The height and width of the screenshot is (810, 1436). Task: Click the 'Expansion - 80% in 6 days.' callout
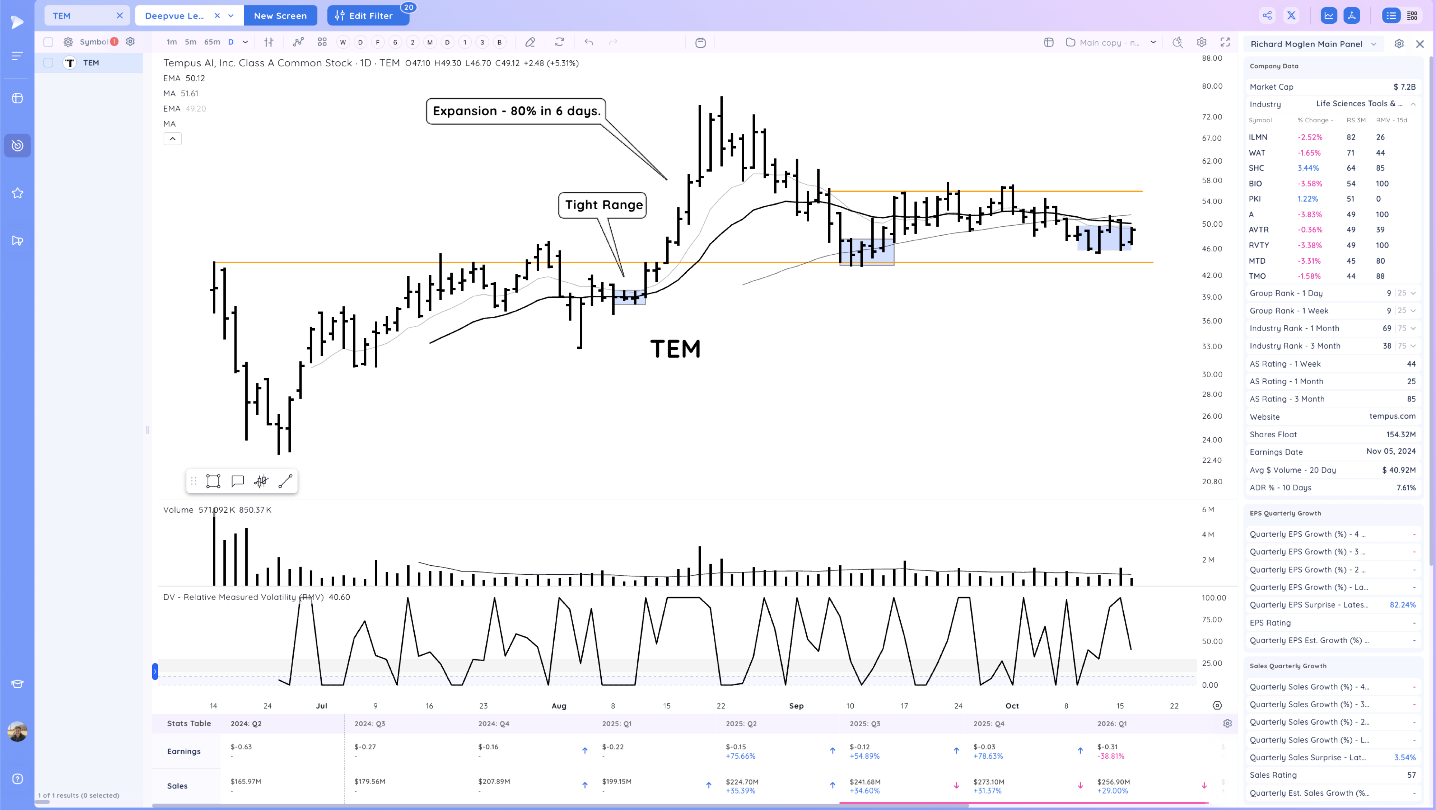pyautogui.click(x=516, y=111)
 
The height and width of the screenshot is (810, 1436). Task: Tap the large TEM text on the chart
pyautogui.click(x=675, y=349)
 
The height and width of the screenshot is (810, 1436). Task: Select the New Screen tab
pyautogui.click(x=280, y=15)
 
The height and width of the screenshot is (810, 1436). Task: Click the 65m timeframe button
pyautogui.click(x=212, y=42)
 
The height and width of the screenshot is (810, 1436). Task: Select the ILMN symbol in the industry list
pyautogui.click(x=1258, y=137)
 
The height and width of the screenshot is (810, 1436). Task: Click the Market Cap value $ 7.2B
pyautogui.click(x=1404, y=87)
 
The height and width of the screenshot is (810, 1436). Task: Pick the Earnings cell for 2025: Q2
pyautogui.click(x=740, y=751)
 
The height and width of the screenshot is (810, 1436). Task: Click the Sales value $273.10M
pyautogui.click(x=988, y=782)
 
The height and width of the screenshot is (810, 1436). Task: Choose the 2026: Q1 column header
pyautogui.click(x=1111, y=723)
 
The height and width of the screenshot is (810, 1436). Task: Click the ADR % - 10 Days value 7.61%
pyautogui.click(x=1405, y=488)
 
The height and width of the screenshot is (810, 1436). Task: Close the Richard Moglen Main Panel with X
pyautogui.click(x=1419, y=44)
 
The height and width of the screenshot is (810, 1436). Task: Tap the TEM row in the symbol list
pyautogui.click(x=91, y=63)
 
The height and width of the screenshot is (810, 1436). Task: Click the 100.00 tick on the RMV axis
pyautogui.click(x=1213, y=598)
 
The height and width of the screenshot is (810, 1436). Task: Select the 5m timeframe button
pyautogui.click(x=191, y=42)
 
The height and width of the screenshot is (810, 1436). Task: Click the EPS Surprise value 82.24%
pyautogui.click(x=1402, y=605)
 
